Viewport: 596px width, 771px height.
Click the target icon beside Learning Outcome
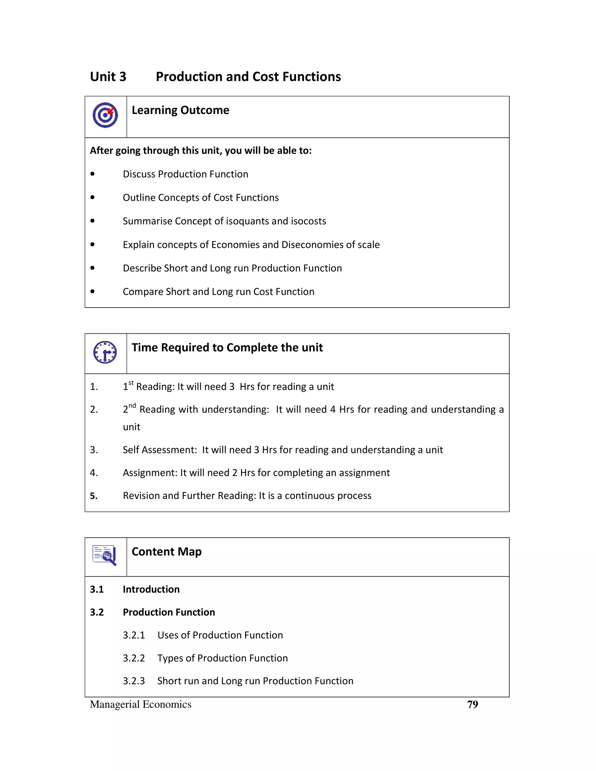(x=105, y=115)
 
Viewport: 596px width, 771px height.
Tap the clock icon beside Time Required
(x=105, y=352)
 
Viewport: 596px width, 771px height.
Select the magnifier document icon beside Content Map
(x=104, y=555)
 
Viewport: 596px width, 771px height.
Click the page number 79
(x=472, y=704)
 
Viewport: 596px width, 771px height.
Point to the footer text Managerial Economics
(x=141, y=704)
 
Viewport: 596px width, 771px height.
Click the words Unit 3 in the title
(x=108, y=77)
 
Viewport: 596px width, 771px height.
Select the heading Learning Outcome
(x=180, y=110)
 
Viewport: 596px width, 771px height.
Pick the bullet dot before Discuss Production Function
(x=93, y=174)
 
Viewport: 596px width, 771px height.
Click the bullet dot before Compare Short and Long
(x=93, y=291)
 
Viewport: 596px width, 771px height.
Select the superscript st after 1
(x=131, y=383)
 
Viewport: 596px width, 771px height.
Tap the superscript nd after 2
(x=132, y=406)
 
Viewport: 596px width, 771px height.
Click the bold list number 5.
(x=94, y=496)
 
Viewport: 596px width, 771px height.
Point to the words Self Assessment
(x=159, y=450)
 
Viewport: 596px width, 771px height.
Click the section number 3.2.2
(x=134, y=658)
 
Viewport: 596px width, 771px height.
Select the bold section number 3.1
(x=97, y=589)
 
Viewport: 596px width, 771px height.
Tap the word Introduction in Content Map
(x=151, y=589)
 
